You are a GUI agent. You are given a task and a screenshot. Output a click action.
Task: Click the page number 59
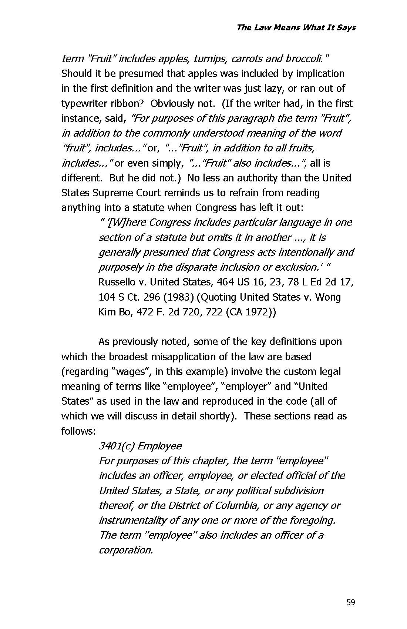[x=350, y=602]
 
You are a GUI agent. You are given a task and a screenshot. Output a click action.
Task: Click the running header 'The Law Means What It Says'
[x=296, y=27]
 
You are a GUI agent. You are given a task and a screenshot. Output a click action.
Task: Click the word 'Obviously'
[x=172, y=104]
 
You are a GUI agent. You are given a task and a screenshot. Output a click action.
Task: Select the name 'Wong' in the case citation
[x=328, y=297]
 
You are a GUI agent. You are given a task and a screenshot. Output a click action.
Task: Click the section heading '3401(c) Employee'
[x=140, y=446]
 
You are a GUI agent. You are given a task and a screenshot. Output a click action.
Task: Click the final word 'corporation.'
[x=126, y=550]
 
